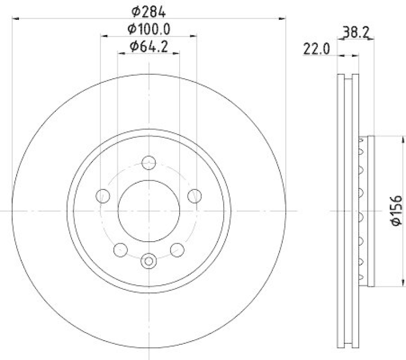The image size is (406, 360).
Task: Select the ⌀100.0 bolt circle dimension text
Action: (149, 29)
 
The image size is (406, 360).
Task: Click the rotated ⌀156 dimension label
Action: (396, 210)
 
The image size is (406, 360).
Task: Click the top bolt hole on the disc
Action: (149, 162)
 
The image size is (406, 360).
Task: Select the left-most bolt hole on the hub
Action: (103, 195)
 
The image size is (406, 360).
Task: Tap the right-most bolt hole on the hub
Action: (194, 195)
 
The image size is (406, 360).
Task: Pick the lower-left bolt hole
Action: (121, 249)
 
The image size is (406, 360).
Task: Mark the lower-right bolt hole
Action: (177, 249)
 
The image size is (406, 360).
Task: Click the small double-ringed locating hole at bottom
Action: (149, 261)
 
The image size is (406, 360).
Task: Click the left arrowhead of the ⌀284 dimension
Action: (14, 19)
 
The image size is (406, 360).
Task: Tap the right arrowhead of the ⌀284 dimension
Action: (284, 19)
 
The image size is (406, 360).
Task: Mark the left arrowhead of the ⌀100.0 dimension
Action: (103, 36)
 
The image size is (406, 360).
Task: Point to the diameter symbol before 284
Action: (136, 11)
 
